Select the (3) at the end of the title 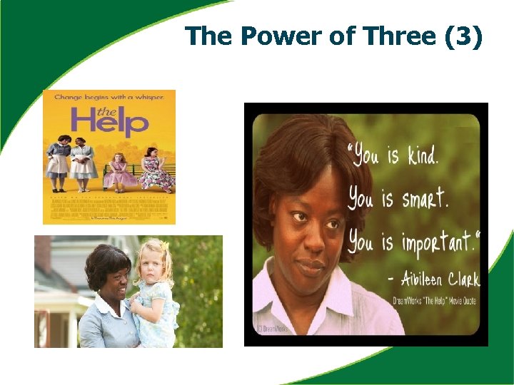pyautogui.click(x=463, y=36)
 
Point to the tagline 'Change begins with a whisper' pyautogui.click(x=109, y=96)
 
